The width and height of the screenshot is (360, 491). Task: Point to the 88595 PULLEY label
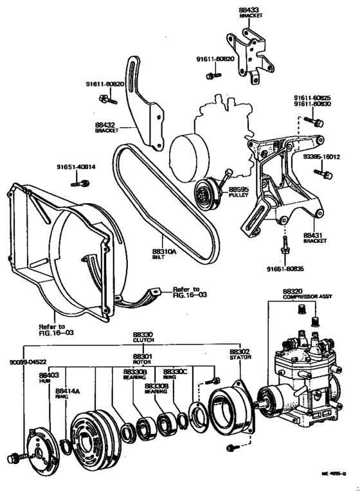click(x=238, y=192)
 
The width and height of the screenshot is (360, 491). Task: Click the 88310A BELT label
click(x=164, y=254)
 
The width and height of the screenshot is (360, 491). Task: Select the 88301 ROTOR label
click(x=143, y=359)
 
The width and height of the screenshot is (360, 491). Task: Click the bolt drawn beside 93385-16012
click(x=323, y=173)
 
